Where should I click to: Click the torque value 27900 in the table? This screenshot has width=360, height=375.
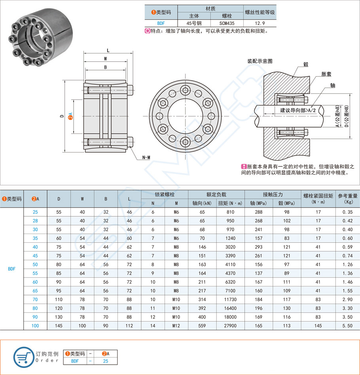click(230, 325)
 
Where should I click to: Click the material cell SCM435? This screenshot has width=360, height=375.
click(227, 23)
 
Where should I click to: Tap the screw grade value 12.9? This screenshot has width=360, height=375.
click(260, 23)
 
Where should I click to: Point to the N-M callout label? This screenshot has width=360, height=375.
click(146, 157)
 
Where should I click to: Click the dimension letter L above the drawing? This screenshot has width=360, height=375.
click(108, 50)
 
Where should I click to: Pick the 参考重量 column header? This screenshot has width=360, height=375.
click(347, 198)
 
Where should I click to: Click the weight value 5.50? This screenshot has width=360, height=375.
click(347, 325)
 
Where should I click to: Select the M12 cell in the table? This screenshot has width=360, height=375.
click(176, 325)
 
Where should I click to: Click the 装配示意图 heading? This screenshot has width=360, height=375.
click(260, 61)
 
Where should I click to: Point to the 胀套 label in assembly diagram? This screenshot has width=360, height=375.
click(326, 74)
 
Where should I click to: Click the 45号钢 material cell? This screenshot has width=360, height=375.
click(194, 23)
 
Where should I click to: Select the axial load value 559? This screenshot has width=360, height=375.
click(202, 325)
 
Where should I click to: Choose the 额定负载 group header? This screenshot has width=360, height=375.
click(216, 194)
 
